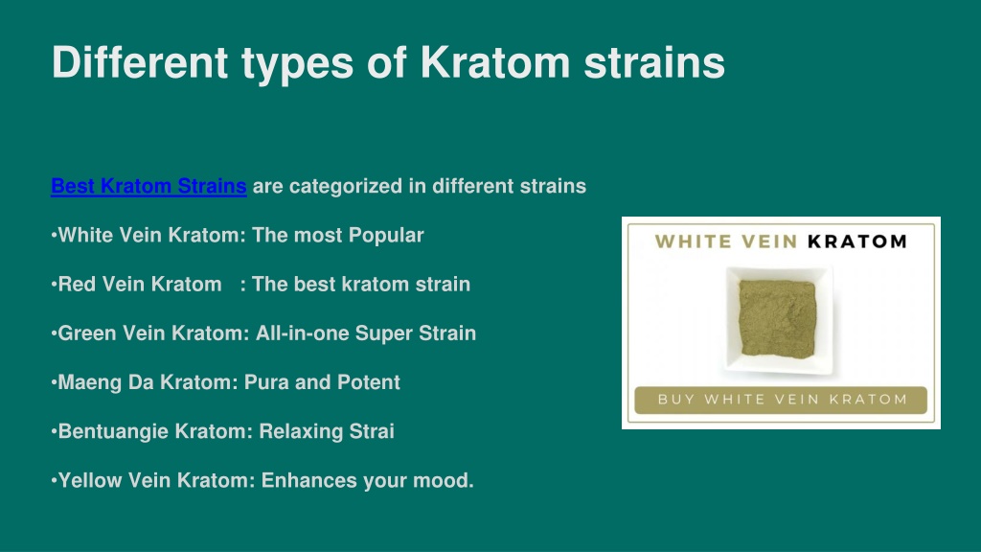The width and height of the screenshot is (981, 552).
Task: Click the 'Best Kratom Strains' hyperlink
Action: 148,186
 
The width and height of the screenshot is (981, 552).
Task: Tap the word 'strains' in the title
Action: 654,62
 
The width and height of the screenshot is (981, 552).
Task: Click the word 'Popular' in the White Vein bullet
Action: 386,236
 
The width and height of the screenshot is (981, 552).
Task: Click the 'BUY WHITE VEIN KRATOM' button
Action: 781,400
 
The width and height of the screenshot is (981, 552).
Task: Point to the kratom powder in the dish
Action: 777,318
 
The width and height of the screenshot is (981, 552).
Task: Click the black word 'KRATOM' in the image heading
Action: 857,241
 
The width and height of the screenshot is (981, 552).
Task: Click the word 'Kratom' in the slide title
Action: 495,62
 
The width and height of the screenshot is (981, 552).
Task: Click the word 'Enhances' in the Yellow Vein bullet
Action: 309,480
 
